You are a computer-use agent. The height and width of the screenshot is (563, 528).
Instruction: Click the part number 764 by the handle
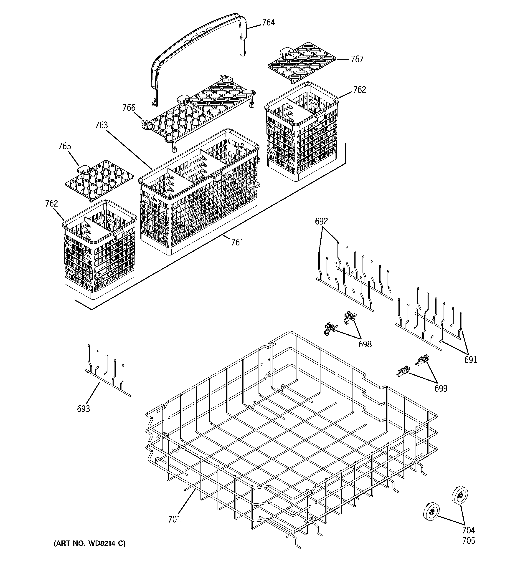[268, 22]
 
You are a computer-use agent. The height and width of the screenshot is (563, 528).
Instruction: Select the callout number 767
[357, 59]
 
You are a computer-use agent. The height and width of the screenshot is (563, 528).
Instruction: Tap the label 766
[129, 108]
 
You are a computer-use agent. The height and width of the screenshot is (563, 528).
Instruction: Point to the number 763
[101, 125]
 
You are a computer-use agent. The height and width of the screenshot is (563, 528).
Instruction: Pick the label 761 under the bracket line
[237, 242]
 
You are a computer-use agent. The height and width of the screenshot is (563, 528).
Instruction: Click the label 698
[365, 344]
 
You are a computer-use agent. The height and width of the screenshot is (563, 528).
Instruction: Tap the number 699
[441, 389]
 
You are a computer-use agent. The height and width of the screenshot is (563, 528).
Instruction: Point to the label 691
[470, 360]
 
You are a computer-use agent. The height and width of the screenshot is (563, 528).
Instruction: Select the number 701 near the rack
[174, 519]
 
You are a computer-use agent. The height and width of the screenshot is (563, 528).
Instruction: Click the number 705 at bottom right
[468, 541]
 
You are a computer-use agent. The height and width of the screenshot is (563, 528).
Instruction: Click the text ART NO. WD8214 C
[90, 543]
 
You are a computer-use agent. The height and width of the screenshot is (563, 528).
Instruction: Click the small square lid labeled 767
[302, 62]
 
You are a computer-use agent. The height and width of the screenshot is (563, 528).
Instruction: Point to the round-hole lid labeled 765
[99, 179]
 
